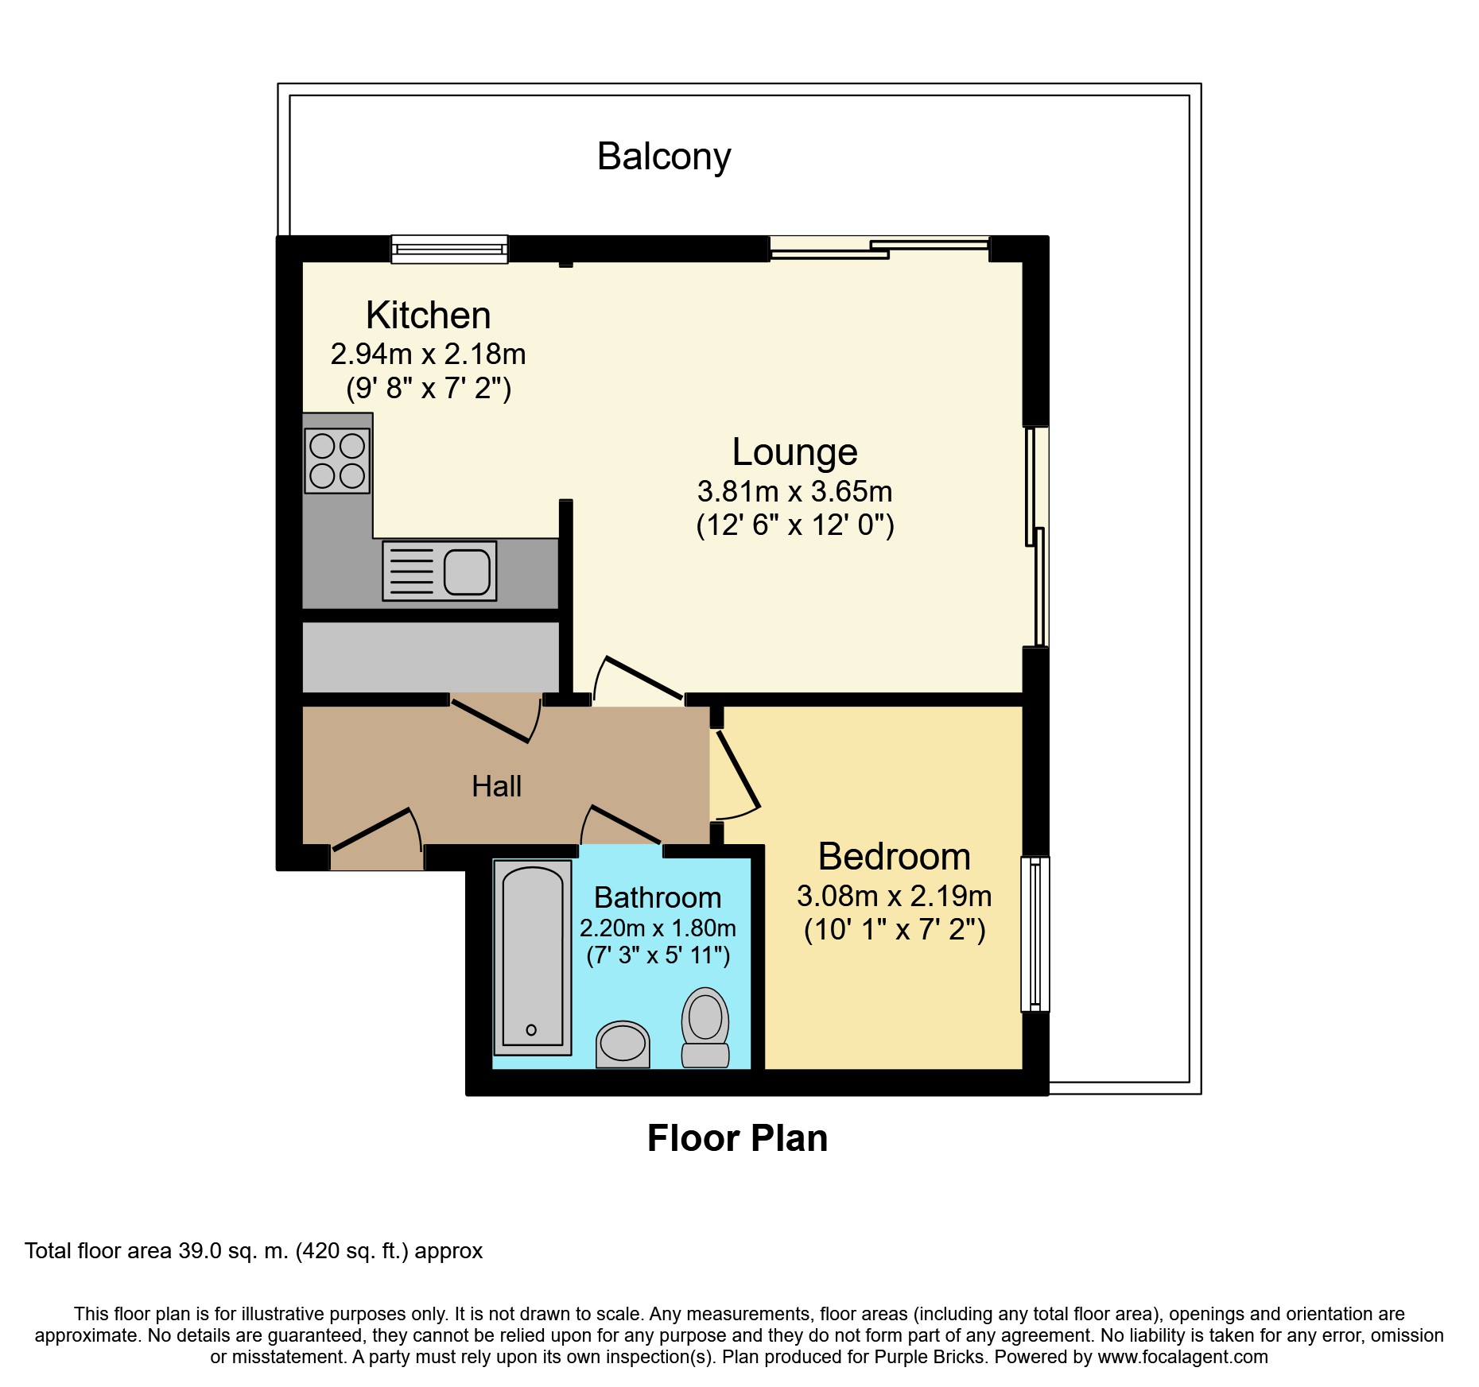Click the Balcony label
pos(664,157)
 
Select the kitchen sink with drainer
pos(439,571)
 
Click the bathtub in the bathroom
pos(533,957)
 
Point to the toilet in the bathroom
pos(705,1026)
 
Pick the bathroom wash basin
pos(623,1044)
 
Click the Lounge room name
pos(794,452)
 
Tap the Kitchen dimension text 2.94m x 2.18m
pos(428,354)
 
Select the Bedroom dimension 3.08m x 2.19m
pos(894,896)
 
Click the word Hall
pos(496,786)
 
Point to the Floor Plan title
pos(737,1138)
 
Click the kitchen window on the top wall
pos(449,249)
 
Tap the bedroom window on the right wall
pos(1035,933)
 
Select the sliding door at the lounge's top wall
pos(879,248)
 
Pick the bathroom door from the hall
pos(622,827)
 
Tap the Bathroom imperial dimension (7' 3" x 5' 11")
pos(658,955)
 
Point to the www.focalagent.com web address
pos(1182,1357)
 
